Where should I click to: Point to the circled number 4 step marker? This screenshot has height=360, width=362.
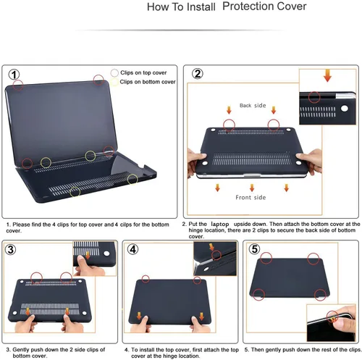click(x=132, y=250)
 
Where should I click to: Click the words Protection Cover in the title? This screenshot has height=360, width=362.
click(x=264, y=8)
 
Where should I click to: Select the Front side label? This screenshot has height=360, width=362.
click(x=251, y=197)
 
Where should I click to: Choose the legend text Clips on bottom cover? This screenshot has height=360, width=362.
click(x=148, y=82)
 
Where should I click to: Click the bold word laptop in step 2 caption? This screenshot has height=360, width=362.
click(x=219, y=225)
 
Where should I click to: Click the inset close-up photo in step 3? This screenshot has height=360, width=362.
click(x=96, y=259)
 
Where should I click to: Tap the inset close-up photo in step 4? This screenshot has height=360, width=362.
click(x=214, y=259)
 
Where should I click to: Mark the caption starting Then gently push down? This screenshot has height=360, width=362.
click(x=299, y=348)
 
